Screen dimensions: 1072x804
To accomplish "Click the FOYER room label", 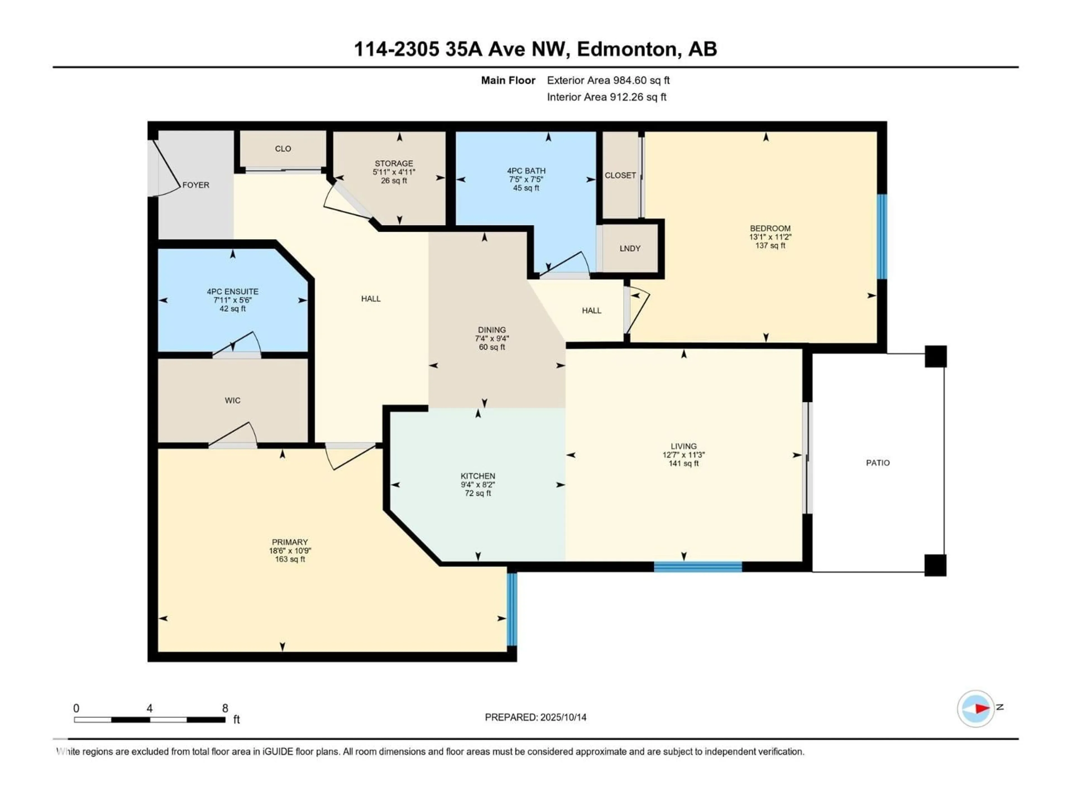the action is [x=196, y=185].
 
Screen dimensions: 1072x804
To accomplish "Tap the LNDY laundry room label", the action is [x=630, y=249].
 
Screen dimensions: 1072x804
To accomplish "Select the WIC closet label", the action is [x=233, y=400].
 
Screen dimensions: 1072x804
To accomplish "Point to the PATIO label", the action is [x=878, y=463].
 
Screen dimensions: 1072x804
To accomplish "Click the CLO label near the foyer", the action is [x=283, y=149].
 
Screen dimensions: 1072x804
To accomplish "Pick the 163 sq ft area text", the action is [x=290, y=559].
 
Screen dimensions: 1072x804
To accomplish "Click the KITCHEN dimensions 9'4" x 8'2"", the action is [x=478, y=485].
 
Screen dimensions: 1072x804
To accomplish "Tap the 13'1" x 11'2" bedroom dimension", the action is [x=770, y=237].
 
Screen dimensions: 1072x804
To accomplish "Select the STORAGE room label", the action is [x=394, y=163].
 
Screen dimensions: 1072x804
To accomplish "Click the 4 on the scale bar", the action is [x=150, y=709].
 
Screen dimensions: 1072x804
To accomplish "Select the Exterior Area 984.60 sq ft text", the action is [x=608, y=80].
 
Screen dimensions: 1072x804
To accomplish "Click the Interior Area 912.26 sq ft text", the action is [x=607, y=97].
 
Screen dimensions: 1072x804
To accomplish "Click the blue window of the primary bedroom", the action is [x=512, y=609].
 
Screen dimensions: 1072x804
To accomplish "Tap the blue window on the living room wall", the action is [x=698, y=566].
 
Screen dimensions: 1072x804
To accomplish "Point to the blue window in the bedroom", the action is [x=882, y=237].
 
